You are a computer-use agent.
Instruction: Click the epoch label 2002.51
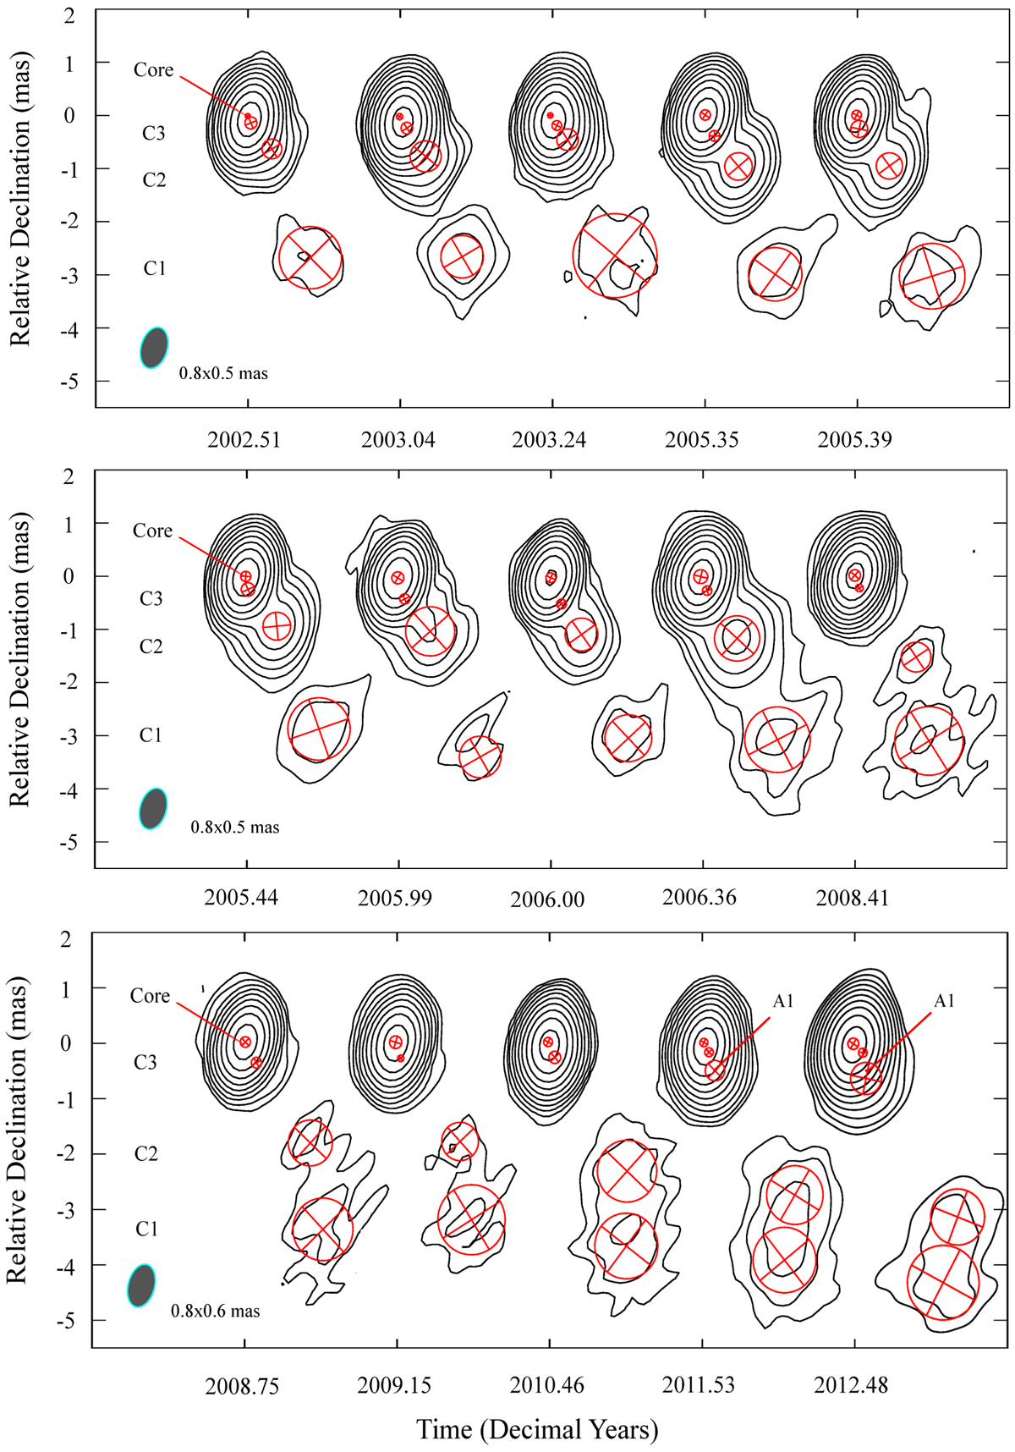(x=245, y=440)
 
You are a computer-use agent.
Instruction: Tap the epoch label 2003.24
(x=549, y=440)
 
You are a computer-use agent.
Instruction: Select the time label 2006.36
(x=700, y=897)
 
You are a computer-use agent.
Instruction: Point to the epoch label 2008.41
(x=852, y=898)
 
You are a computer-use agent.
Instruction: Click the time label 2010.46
(x=546, y=1386)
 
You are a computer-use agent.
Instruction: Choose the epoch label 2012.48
(x=851, y=1386)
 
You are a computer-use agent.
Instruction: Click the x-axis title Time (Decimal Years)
(x=537, y=1429)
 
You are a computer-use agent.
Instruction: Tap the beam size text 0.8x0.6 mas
(x=216, y=1311)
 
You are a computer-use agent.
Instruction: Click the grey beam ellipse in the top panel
(x=154, y=347)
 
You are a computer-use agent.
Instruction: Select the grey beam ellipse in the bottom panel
(x=141, y=1284)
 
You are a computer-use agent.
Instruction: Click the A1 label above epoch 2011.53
(x=783, y=1001)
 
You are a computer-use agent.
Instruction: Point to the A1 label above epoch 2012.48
(x=944, y=1001)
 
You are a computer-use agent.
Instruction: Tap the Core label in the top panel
(x=153, y=70)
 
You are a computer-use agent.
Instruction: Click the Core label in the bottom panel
(x=150, y=996)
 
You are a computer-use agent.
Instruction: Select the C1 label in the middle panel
(x=151, y=735)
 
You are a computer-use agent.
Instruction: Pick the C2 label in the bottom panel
(x=146, y=1153)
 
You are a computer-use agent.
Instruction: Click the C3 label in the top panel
(x=153, y=133)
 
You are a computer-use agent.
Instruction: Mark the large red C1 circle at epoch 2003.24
(x=615, y=256)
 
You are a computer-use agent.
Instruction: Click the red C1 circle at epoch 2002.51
(x=310, y=258)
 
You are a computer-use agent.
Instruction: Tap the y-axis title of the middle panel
(x=19, y=662)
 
